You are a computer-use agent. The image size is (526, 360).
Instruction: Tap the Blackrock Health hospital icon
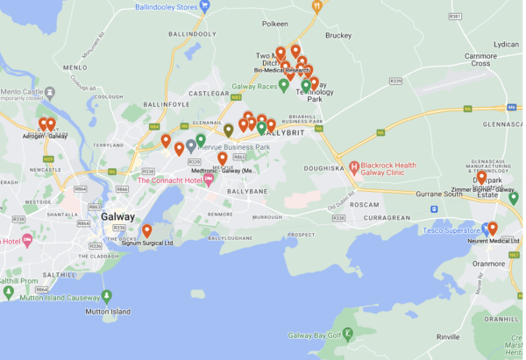(x=354, y=166)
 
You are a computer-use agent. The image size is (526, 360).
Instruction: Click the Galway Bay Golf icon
(x=348, y=333)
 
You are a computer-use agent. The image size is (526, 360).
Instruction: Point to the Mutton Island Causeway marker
(x=107, y=295)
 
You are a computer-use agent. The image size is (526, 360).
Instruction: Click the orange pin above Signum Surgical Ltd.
(x=146, y=230)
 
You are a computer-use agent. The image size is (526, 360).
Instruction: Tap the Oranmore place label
(x=488, y=261)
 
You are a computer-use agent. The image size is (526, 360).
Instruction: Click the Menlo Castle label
(x=21, y=91)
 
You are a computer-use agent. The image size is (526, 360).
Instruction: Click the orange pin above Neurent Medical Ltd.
(x=493, y=228)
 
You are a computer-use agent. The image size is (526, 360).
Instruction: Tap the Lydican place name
(x=506, y=44)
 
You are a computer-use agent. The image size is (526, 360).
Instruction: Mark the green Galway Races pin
(x=283, y=86)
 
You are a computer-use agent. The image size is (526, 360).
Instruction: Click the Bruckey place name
(x=338, y=36)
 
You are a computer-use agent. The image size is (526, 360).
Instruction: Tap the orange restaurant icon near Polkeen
(x=316, y=5)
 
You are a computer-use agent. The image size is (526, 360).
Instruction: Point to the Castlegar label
(x=208, y=93)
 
